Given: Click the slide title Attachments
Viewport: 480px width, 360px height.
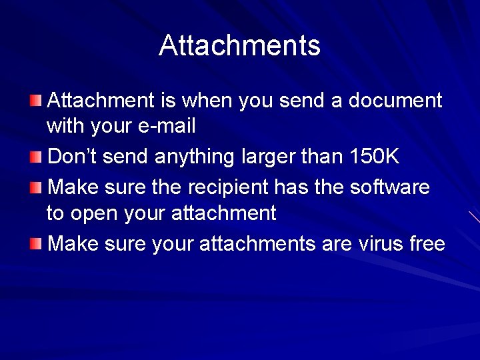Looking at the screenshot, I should [239, 45].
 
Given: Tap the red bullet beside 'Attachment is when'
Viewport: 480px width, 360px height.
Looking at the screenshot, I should [36, 101].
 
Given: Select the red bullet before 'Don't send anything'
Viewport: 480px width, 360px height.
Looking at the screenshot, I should [36, 157].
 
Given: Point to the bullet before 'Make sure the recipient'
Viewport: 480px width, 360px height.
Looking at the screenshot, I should [36, 187].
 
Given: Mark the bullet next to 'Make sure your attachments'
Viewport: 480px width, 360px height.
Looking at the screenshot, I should [36, 243].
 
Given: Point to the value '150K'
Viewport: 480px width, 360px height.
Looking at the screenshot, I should [374, 157].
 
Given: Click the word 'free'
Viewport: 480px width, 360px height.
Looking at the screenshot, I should [427, 244].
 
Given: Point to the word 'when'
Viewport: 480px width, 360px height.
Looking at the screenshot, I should [205, 101].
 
